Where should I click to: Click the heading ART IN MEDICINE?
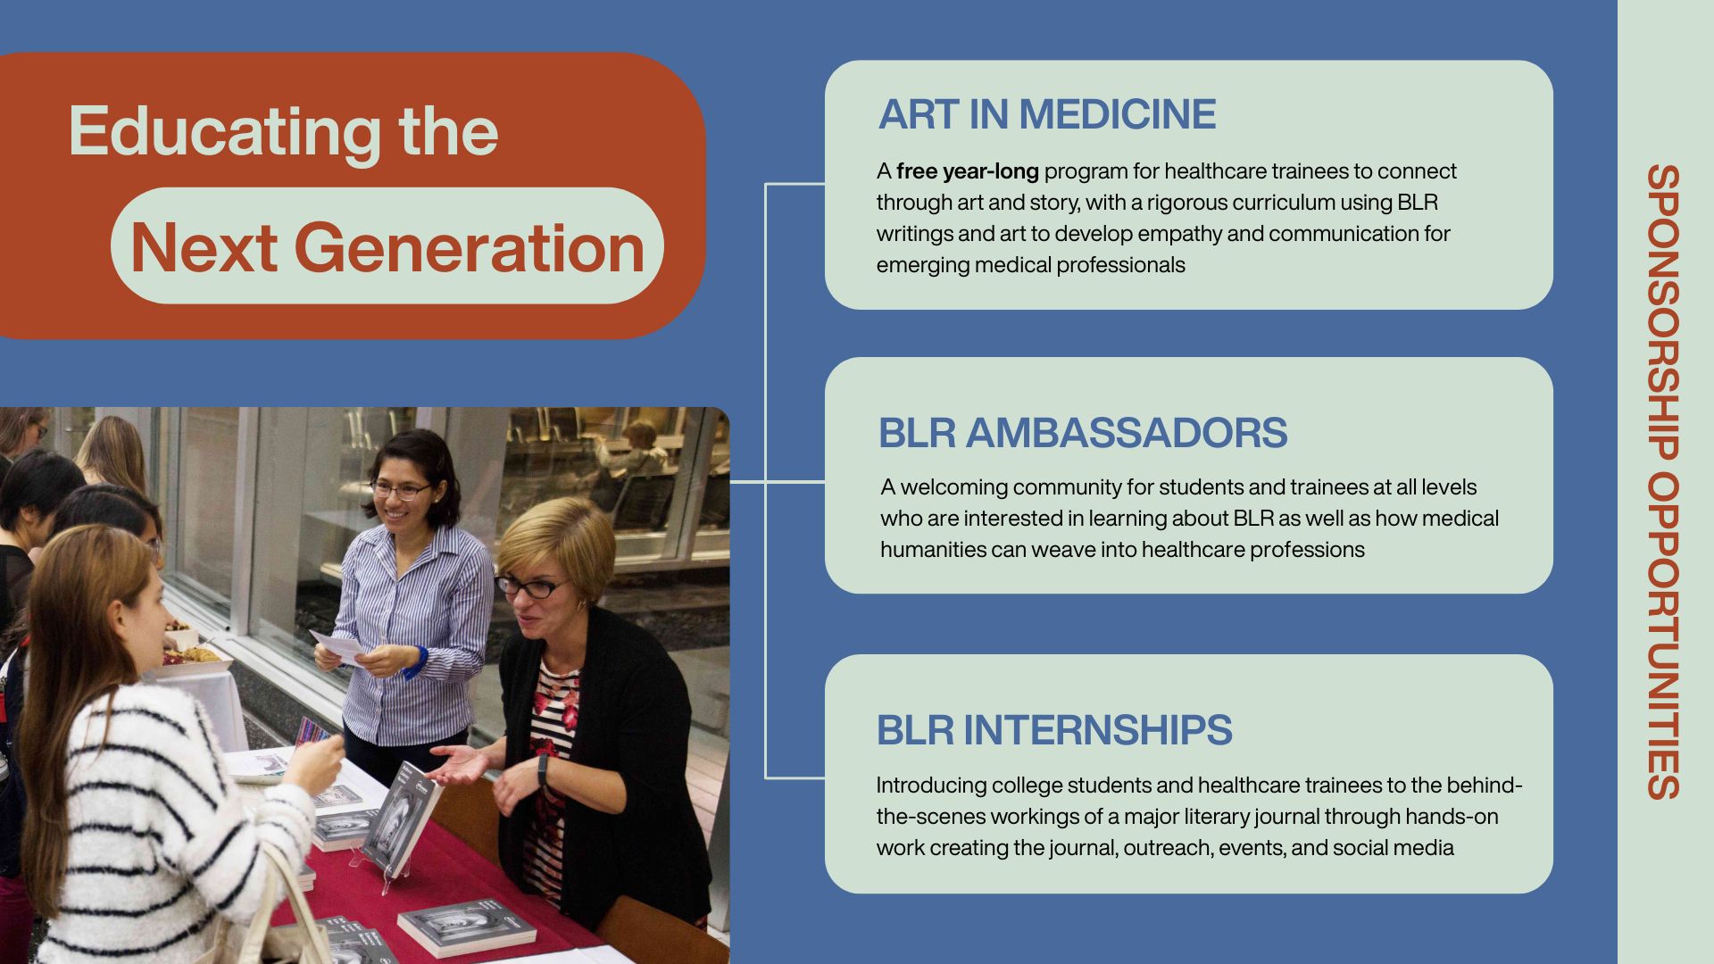pyautogui.click(x=1047, y=114)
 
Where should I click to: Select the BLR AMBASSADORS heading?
pyautogui.click(x=1083, y=433)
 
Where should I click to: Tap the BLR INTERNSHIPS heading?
pyautogui.click(x=1054, y=730)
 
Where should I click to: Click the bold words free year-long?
pyautogui.click(x=968, y=171)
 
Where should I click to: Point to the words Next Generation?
pyautogui.click(x=387, y=247)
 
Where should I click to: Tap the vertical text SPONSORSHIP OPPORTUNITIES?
pyautogui.click(x=1663, y=482)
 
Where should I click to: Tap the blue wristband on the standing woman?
pyautogui.click(x=417, y=661)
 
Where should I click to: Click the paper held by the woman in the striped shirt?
pyautogui.click(x=337, y=646)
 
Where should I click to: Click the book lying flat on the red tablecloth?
pyautogui.click(x=467, y=927)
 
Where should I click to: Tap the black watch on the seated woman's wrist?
pyautogui.click(x=543, y=769)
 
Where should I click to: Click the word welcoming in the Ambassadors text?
pyautogui.click(x=953, y=487)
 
